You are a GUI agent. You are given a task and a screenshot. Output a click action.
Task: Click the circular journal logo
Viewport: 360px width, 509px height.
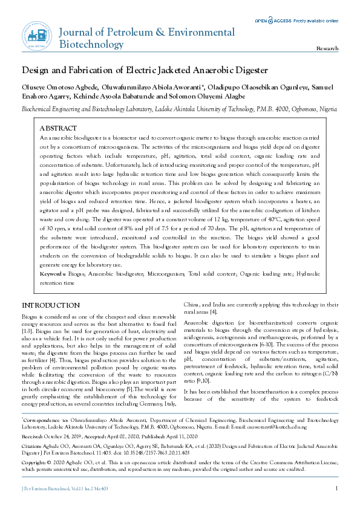pos(35,35)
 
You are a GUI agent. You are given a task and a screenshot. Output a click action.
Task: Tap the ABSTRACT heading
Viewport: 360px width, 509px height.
pos(58,129)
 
